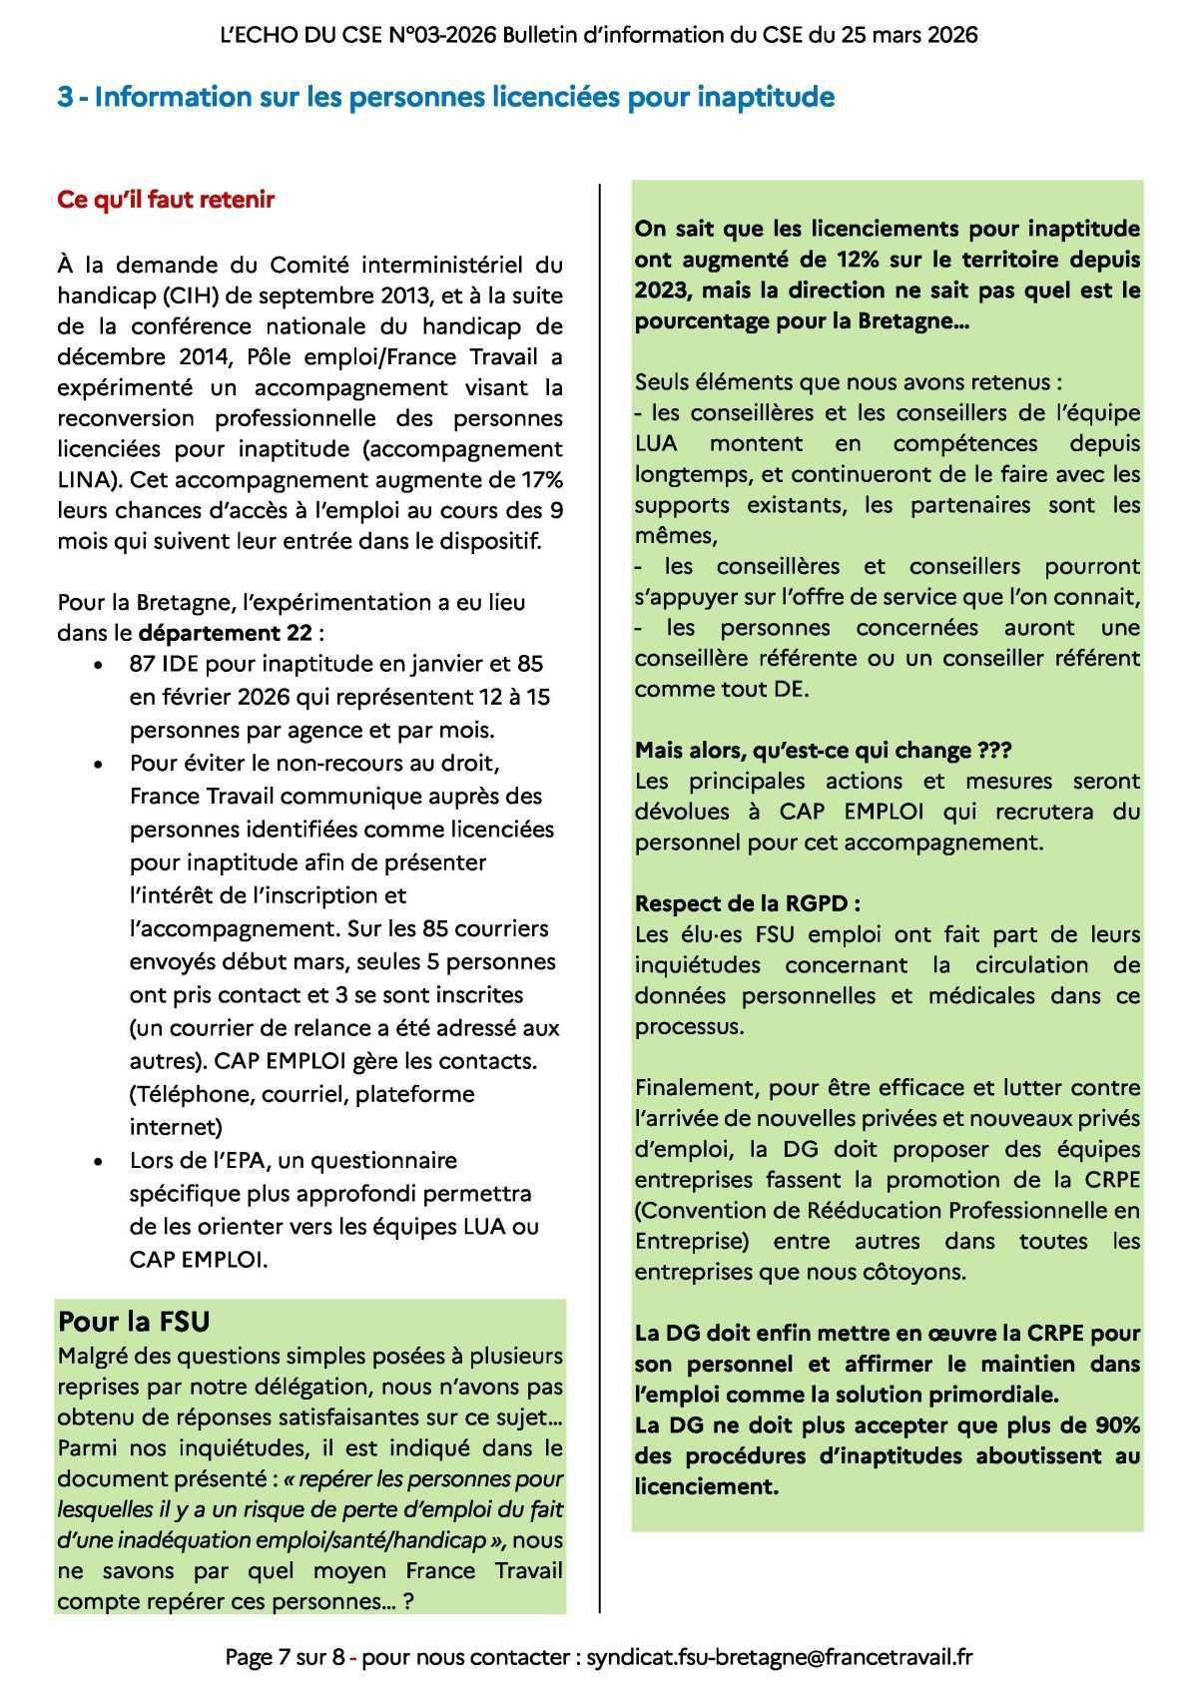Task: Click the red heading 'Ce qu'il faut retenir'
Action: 166,199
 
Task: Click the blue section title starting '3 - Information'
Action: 445,98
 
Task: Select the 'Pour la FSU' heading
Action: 134,1321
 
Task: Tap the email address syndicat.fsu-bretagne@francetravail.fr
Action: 780,1657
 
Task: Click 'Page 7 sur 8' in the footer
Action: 285,1657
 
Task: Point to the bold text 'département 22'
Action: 226,633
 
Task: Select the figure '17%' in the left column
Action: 537,479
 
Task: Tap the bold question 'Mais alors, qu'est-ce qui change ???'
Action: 824,750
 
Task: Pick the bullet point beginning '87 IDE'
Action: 97,665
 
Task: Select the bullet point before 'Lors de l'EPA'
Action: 97,1162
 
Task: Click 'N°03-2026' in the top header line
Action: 435,35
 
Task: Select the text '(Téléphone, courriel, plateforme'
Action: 302,1094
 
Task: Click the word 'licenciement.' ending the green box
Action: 706,1486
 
